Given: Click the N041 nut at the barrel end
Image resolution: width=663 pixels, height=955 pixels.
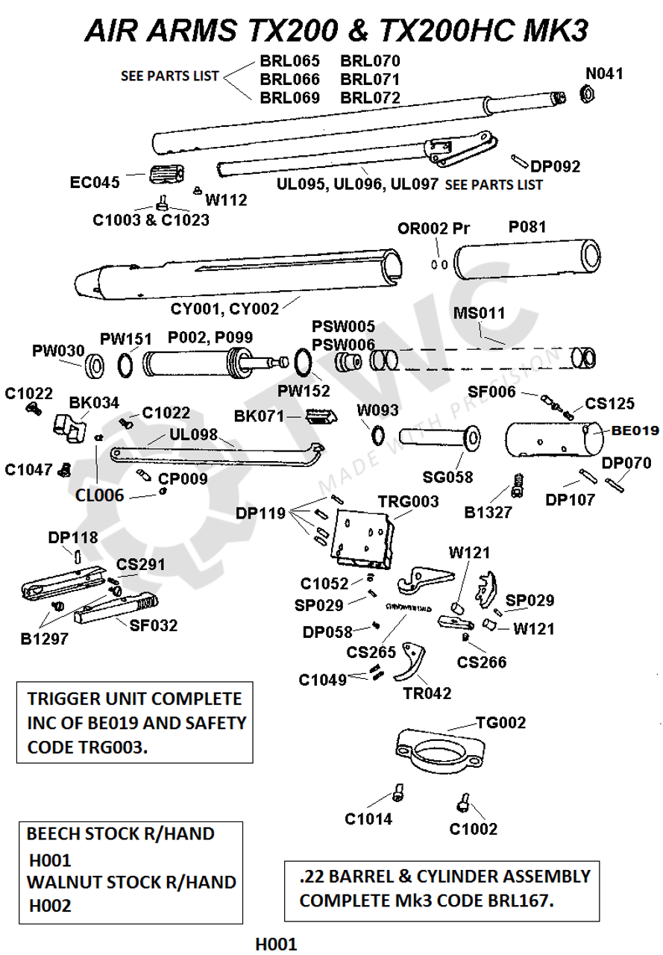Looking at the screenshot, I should point(587,93).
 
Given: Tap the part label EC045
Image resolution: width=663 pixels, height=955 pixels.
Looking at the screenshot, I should point(95,182).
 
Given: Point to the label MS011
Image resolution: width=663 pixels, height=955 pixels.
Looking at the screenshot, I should point(480,313).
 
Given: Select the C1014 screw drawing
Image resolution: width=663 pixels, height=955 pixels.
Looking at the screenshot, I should point(398,793).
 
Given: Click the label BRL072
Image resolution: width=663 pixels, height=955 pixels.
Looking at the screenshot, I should point(370,98).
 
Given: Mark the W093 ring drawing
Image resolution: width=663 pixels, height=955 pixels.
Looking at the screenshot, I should point(378,434).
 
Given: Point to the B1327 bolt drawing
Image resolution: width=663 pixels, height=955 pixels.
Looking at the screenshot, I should point(515,486).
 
